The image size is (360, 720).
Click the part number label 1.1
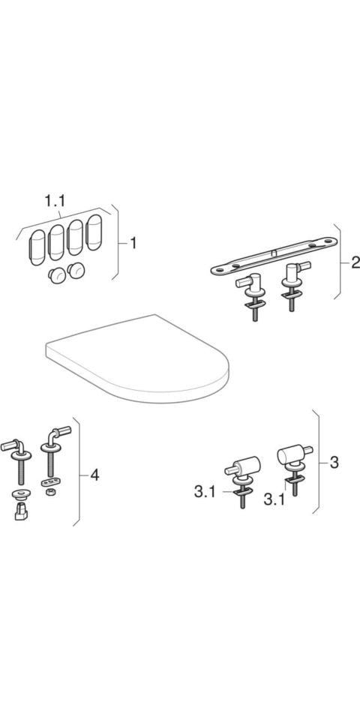pyautogui.click(x=54, y=201)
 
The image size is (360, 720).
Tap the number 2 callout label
pyautogui.click(x=355, y=262)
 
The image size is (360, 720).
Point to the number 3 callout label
pyautogui.click(x=334, y=463)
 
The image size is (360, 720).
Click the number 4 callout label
pyautogui.click(x=94, y=475)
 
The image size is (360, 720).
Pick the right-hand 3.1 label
pyautogui.click(x=274, y=496)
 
